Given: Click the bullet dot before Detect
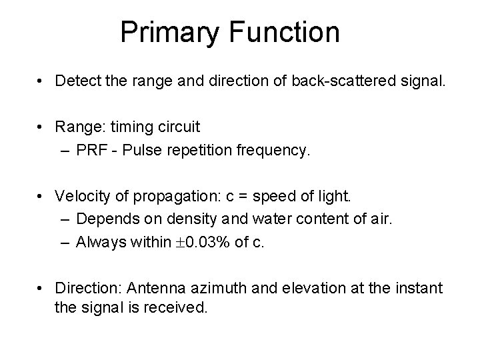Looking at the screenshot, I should pos(42,82).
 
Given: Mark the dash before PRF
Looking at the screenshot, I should pos(64,151).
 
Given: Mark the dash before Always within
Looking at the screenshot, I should pos(64,243).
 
